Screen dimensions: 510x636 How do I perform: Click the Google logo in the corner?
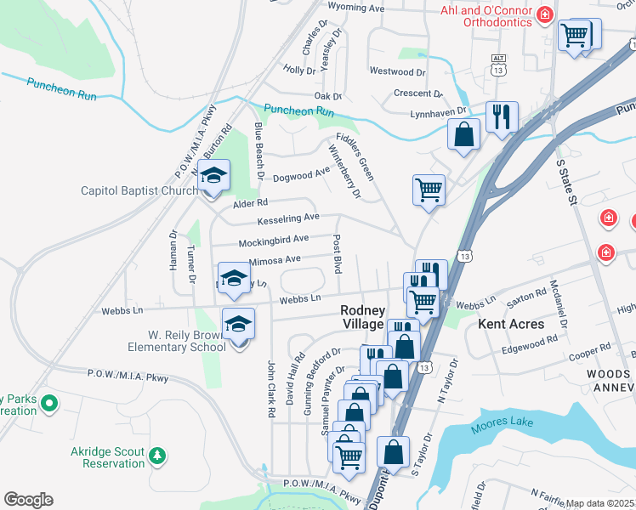(28, 500)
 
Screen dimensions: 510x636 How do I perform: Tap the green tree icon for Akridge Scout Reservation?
(156, 456)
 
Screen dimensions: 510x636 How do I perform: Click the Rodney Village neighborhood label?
(363, 318)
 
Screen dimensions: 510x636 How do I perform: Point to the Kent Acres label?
(510, 324)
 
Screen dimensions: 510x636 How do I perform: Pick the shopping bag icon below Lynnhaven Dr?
(464, 134)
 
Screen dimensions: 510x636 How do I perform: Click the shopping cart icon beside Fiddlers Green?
(429, 190)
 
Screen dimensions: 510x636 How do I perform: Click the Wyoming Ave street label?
(356, 8)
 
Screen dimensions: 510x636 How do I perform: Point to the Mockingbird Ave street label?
(272, 241)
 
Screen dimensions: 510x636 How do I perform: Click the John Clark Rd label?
(271, 388)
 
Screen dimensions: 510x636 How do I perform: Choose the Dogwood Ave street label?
(301, 175)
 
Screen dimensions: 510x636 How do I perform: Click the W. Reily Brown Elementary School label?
(177, 340)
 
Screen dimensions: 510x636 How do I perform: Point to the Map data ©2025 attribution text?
(600, 503)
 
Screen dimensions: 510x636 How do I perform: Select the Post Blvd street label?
(337, 253)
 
